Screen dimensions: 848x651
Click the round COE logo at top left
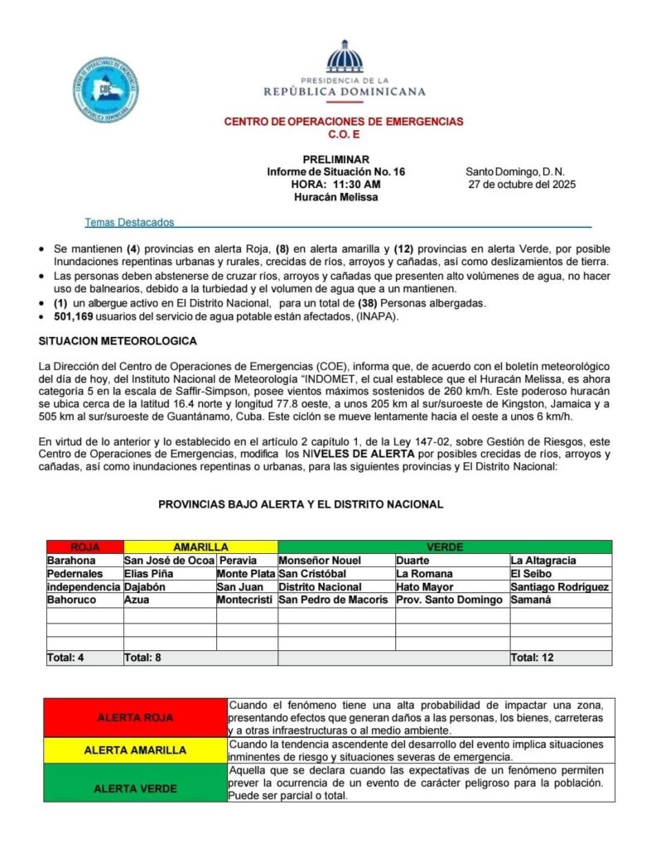105,90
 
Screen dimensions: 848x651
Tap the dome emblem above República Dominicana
345,57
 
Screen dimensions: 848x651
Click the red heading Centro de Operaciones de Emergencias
344,122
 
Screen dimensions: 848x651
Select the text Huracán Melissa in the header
335,197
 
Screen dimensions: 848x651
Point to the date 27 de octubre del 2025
522,185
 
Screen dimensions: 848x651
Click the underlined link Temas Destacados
129,223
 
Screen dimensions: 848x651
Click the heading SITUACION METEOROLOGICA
118,341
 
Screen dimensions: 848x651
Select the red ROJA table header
84,547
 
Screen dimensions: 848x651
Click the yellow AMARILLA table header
200,547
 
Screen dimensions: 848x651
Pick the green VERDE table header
445,547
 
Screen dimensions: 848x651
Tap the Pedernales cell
75,573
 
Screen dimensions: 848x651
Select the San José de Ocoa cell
169,561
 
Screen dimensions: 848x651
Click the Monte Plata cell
246,573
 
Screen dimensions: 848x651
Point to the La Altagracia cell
543,561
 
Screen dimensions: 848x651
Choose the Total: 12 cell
533,658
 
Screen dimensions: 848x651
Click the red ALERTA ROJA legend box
135,717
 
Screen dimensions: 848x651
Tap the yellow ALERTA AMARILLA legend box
135,750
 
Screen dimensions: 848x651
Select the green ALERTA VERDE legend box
135,788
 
